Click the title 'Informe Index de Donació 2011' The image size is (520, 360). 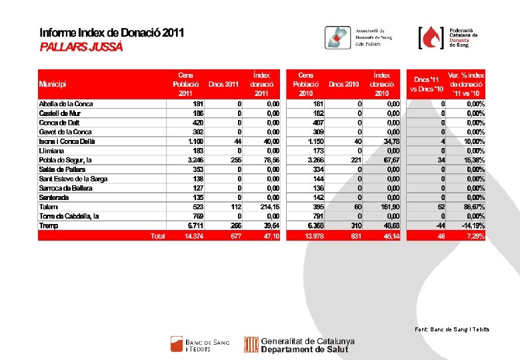pos(111,33)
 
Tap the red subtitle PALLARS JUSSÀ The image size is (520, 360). pos(81,47)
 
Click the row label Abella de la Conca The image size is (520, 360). pos(66,104)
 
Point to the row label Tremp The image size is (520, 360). pos(49,225)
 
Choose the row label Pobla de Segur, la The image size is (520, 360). pos(65,160)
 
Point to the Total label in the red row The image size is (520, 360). pos(157,236)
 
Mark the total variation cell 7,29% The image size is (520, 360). pos(474,236)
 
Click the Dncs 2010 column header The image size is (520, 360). pos(343,84)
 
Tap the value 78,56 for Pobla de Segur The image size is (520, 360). pos(269,160)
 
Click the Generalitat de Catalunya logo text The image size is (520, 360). pos(307,345)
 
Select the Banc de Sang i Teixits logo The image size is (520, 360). pos(200,345)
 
